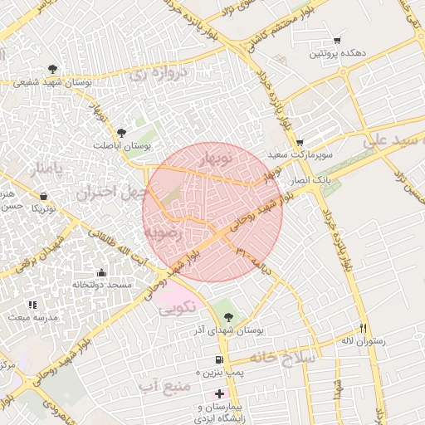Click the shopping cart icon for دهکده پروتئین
tap(337, 40)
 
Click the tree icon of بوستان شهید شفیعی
tap(52, 69)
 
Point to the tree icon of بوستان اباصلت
tap(122, 133)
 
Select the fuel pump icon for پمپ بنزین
tap(218, 360)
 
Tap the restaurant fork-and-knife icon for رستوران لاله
tap(363, 329)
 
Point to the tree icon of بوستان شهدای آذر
tap(229, 316)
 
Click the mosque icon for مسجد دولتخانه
tap(101, 272)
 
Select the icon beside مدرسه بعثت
tap(32, 305)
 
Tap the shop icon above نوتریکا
tap(42, 196)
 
